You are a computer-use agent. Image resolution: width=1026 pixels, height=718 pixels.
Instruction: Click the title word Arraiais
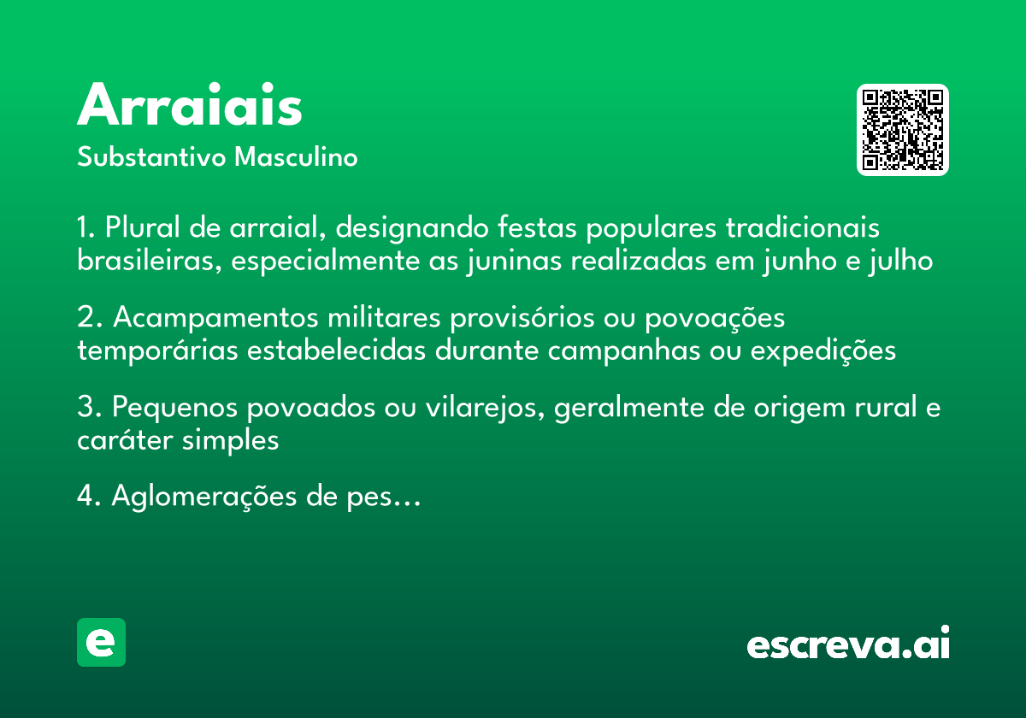[190, 106]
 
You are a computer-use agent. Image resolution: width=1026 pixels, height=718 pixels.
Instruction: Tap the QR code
[903, 130]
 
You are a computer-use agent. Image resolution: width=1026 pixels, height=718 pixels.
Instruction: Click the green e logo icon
[101, 642]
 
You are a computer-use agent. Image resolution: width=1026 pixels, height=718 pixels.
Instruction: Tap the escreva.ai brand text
[848, 644]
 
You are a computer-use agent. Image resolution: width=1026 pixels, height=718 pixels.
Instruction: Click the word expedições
[823, 350]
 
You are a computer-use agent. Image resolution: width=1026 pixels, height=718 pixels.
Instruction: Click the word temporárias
[159, 350]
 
